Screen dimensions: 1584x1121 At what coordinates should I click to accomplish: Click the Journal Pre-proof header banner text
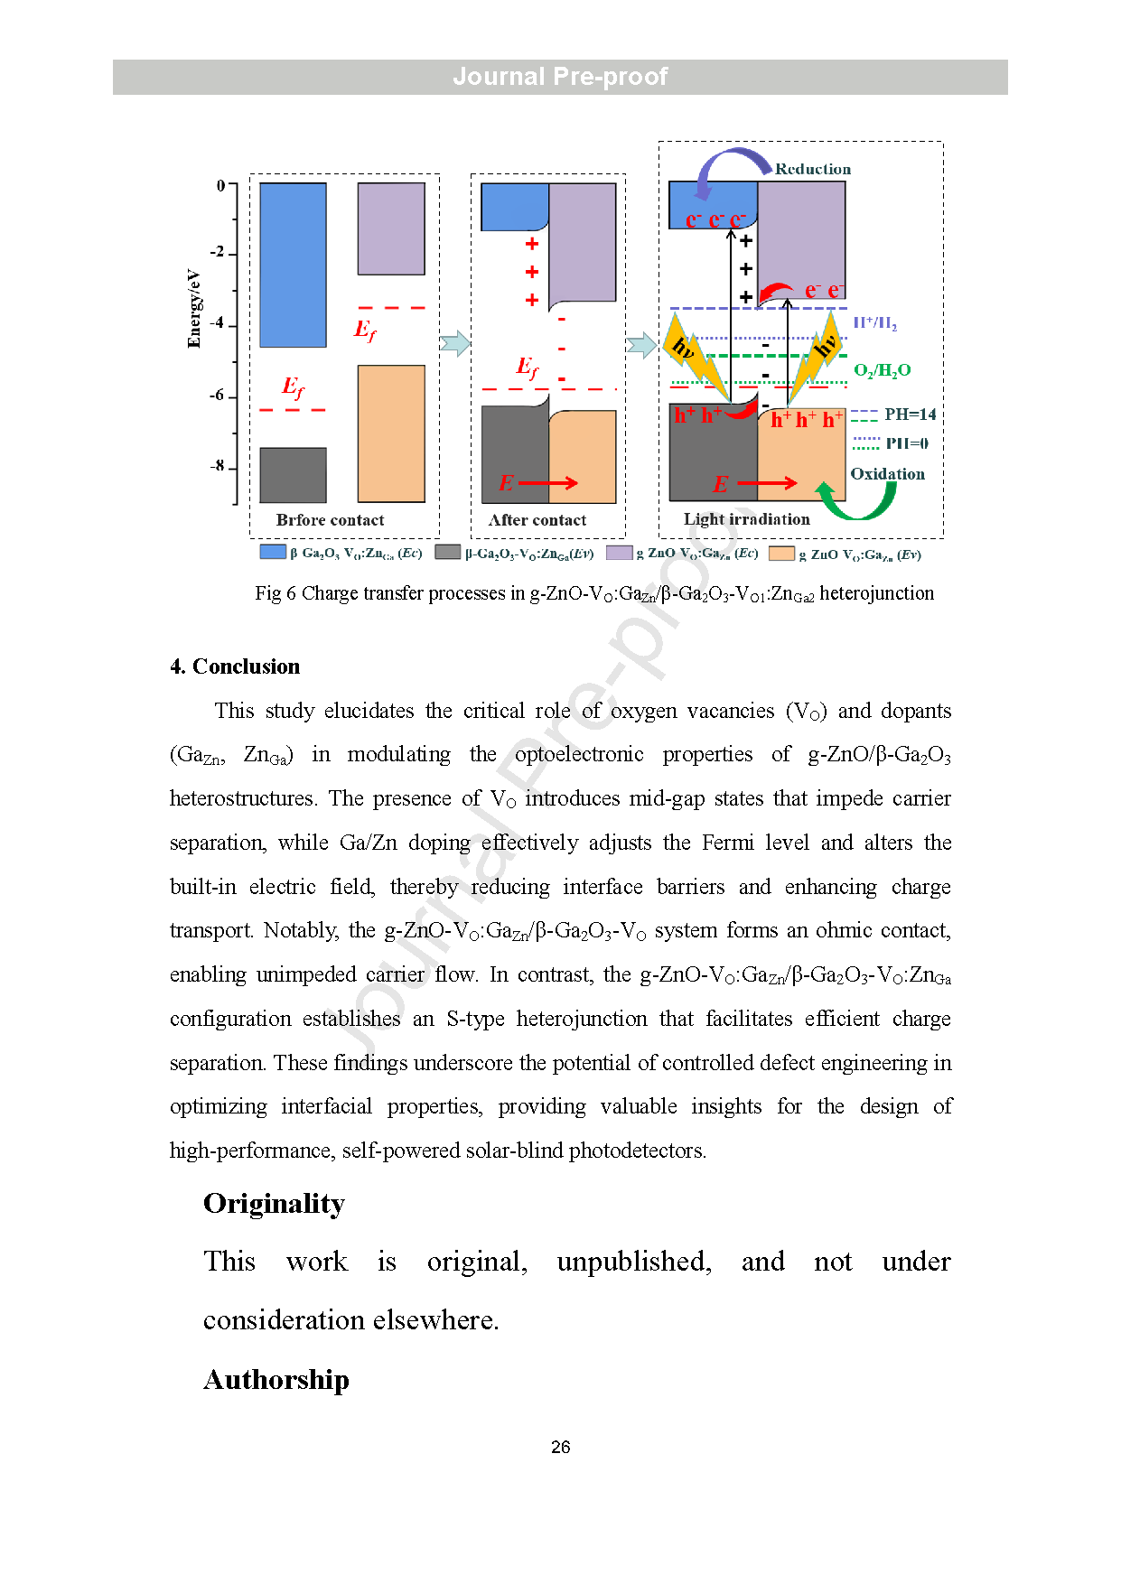point(560,77)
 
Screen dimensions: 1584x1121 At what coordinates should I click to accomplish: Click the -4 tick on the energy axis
point(218,323)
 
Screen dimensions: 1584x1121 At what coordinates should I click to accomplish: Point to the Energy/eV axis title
point(194,308)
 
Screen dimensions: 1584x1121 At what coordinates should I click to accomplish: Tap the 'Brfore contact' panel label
point(330,520)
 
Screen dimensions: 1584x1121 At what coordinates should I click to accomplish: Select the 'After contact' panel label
point(537,520)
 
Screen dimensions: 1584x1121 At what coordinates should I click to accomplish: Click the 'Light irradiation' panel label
point(746,519)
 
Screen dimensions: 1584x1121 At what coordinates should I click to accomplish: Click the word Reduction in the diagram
point(812,169)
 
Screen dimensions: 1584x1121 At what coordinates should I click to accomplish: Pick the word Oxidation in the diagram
point(887,474)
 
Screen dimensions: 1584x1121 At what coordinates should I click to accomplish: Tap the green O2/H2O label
point(882,370)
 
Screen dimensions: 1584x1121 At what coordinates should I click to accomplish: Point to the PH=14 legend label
point(910,415)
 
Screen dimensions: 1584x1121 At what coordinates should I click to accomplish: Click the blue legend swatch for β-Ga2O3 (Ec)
point(272,552)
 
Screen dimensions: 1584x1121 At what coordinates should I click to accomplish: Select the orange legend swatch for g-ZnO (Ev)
point(781,554)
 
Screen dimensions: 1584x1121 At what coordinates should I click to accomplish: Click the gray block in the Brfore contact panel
point(293,475)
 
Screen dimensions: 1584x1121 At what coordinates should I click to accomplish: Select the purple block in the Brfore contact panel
point(391,229)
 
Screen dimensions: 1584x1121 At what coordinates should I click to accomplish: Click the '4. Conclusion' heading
point(235,666)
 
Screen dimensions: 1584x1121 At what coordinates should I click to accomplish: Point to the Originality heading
point(274,1204)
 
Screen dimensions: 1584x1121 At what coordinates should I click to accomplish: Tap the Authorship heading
point(276,1380)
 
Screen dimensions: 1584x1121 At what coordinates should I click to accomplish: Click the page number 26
point(560,1447)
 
